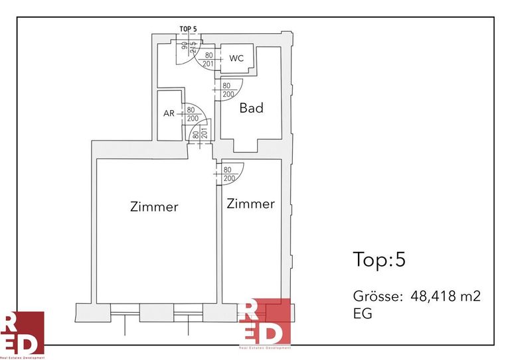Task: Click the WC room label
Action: pos(236,58)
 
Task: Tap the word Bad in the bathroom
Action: pos(252,107)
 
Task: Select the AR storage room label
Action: pos(169,113)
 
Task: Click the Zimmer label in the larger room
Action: pos(154,207)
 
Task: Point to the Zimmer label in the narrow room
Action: pos(250,204)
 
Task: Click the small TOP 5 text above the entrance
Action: pos(189,29)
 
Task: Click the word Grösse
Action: pos(376,296)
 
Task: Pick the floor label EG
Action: pos(363,314)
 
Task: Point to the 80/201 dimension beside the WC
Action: pos(209,60)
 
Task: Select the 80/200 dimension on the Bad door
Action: pos(226,90)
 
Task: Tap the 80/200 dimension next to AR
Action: pos(193,114)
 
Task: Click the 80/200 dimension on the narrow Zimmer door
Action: pos(229,174)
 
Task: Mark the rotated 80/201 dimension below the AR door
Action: pos(200,134)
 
